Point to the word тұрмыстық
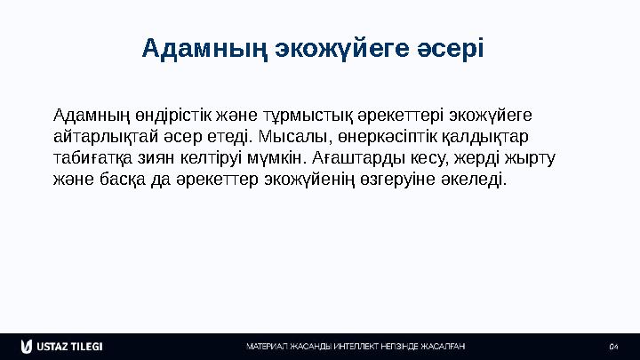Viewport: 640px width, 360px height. pos(305,116)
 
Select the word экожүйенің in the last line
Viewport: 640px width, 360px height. pos(315,179)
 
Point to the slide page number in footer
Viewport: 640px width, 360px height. pos(612,346)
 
